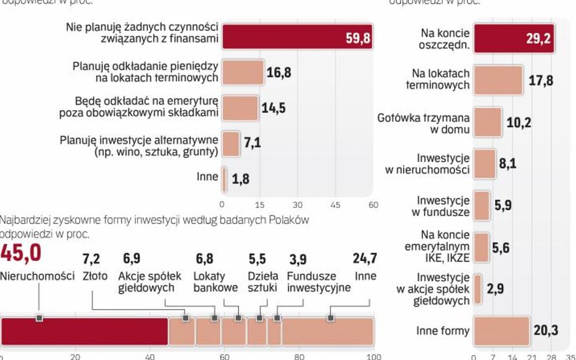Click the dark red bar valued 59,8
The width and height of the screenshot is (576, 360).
pyautogui.click(x=297, y=36)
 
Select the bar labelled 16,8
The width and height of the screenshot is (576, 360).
pyautogui.click(x=242, y=72)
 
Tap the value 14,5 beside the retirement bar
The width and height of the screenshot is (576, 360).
pyautogui.click(x=273, y=108)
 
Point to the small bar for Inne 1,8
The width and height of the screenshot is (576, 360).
pyautogui.click(x=224, y=179)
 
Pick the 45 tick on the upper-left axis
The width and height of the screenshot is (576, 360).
pyautogui.click(x=335, y=205)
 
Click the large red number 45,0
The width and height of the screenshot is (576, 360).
pyautogui.click(x=21, y=253)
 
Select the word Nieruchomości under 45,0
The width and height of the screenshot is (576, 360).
pyautogui.click(x=37, y=276)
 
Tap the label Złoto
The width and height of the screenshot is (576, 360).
pyautogui.click(x=95, y=276)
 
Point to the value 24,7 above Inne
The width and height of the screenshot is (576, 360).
pyautogui.click(x=365, y=259)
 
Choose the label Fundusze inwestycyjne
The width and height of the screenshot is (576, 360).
pyautogui.click(x=318, y=282)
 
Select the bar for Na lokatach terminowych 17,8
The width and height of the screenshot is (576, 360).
pyautogui.click(x=498, y=80)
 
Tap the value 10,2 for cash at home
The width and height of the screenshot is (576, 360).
pyautogui.click(x=518, y=123)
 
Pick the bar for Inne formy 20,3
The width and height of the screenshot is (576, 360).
pyautogui.click(x=501, y=330)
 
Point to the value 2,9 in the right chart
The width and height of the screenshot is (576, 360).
pyautogui.click(x=496, y=288)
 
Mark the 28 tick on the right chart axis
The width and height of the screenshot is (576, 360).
pyautogui.click(x=552, y=356)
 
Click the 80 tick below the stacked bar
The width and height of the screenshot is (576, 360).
pyautogui.click(x=299, y=357)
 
